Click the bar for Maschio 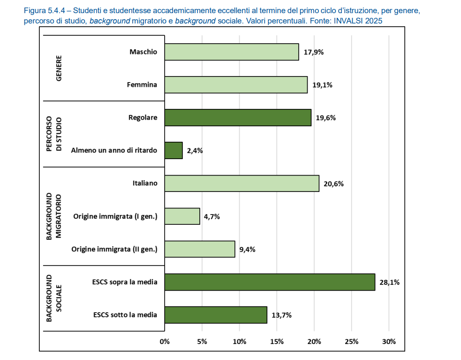232,52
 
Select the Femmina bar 236,85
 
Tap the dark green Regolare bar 238,118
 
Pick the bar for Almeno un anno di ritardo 174,151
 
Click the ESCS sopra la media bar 270,282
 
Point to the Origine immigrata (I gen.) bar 182,216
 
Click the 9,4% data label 247,250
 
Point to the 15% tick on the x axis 277,341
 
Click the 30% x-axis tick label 389,341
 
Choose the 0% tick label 165,341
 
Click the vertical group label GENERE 59,69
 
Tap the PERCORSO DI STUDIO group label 54,134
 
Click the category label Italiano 144,184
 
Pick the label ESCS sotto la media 125,315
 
